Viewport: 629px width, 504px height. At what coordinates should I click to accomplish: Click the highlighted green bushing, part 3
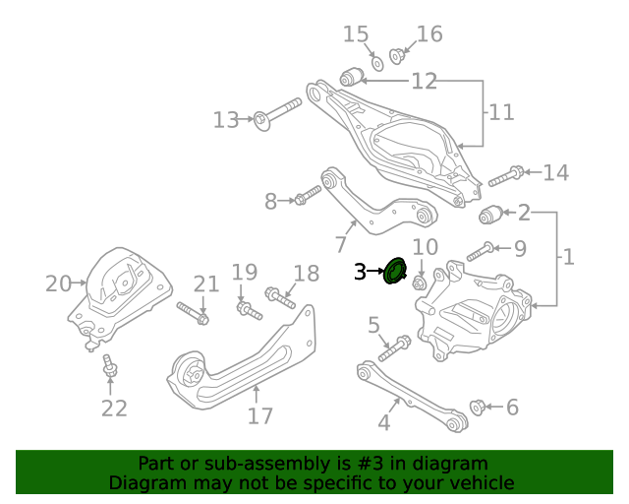point(396,270)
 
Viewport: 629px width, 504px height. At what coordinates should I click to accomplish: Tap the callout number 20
point(59,283)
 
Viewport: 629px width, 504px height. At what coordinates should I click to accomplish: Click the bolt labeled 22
point(110,368)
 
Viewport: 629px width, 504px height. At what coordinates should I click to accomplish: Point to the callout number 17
point(259,416)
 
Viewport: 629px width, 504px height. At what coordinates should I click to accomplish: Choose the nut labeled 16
point(398,55)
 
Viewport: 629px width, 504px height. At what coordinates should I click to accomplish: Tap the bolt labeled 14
point(504,176)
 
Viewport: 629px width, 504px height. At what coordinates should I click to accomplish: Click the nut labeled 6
point(480,407)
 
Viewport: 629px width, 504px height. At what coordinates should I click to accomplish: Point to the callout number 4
point(383,424)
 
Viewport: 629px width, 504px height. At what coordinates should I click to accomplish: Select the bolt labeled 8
point(307,195)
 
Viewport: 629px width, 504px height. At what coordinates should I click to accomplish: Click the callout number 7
point(341,243)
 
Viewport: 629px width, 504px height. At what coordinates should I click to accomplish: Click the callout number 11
point(500,112)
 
